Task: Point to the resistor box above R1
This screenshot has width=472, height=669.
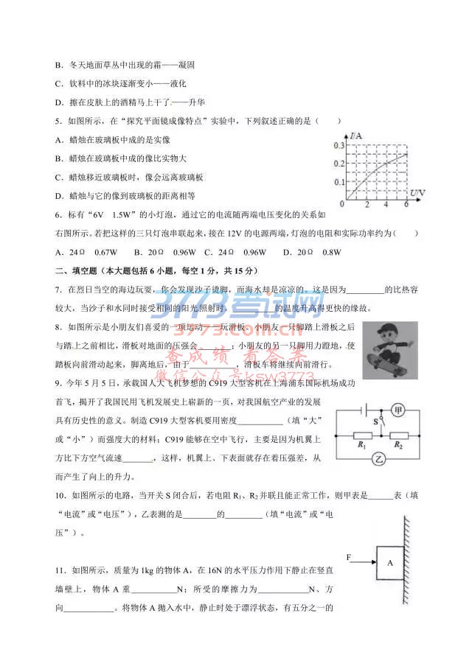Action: [x=362, y=435]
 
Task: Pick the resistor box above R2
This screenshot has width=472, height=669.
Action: [x=399, y=435]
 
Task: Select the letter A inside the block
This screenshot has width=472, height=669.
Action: [x=390, y=562]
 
